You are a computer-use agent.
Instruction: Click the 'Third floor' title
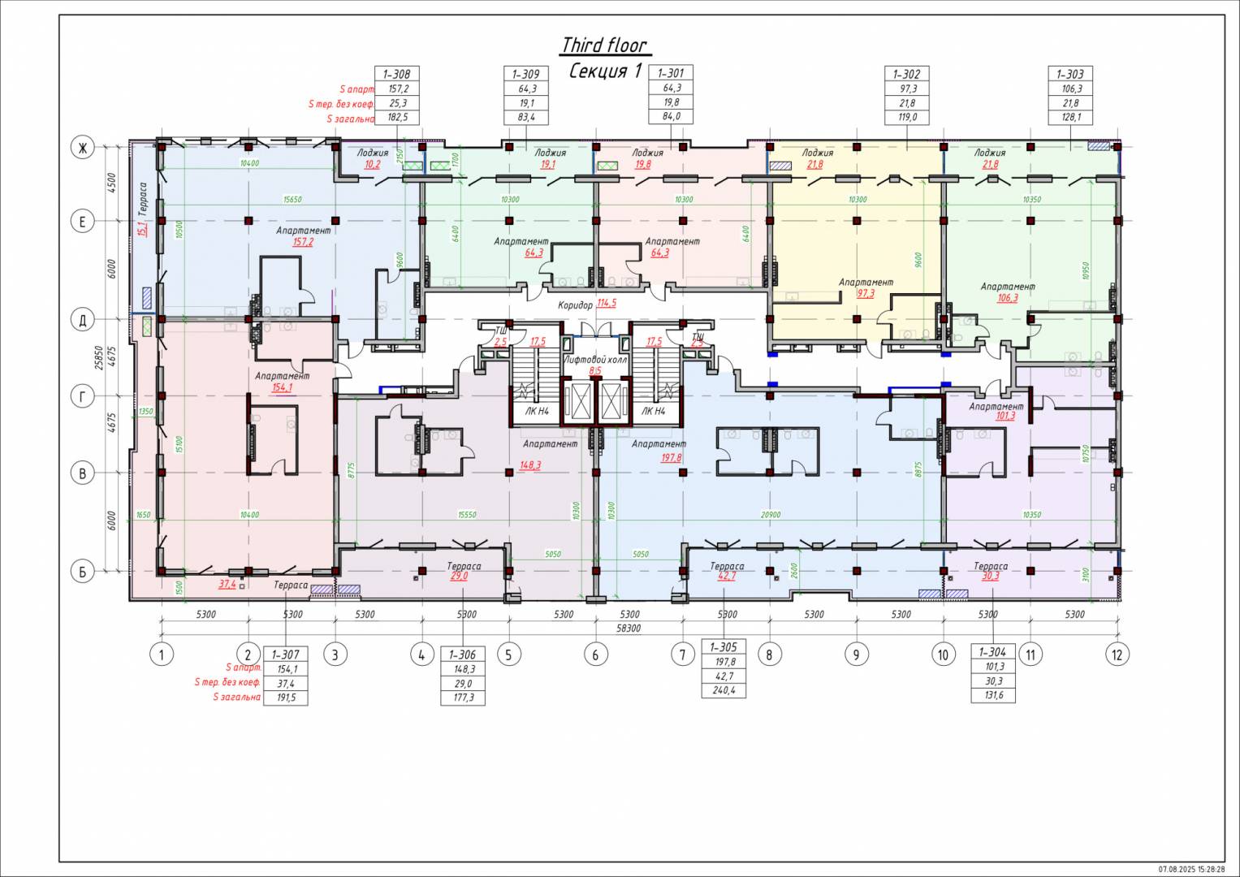pos(605,45)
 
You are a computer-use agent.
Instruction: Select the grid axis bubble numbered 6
pos(595,655)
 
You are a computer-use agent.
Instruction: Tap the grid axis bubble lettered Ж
pos(82,147)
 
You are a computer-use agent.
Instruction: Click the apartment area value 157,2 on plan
pos(304,242)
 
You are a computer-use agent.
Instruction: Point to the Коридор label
pos(575,305)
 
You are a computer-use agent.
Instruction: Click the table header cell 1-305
pos(723,647)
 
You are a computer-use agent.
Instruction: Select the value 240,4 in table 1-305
pos(723,691)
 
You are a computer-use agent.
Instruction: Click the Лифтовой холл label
pos(594,359)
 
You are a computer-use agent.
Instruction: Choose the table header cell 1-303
pos(1070,74)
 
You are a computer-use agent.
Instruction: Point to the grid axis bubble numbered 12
pos(1117,655)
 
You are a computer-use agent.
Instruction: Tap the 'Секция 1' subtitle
pos(605,71)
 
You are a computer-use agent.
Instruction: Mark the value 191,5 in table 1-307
pos(285,698)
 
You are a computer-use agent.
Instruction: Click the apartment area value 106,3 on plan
pos(1007,298)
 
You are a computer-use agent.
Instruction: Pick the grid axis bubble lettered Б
pos(82,572)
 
